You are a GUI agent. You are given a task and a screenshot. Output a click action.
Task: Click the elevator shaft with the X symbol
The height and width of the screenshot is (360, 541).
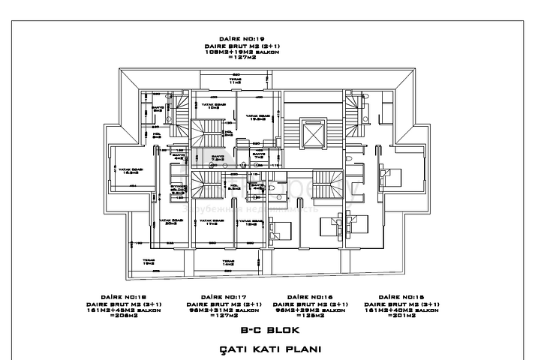(x=310, y=133)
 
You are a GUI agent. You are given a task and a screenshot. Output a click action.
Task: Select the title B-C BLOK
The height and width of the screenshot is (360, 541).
(x=271, y=330)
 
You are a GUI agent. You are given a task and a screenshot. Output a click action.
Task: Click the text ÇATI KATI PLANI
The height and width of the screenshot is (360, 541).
(x=270, y=349)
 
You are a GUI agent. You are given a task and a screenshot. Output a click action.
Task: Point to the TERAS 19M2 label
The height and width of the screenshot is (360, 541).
(x=149, y=261)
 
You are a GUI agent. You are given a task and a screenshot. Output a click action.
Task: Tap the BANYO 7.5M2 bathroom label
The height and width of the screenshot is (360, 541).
(x=218, y=158)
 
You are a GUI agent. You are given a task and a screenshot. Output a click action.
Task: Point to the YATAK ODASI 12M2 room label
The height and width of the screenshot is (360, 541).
(x=247, y=221)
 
